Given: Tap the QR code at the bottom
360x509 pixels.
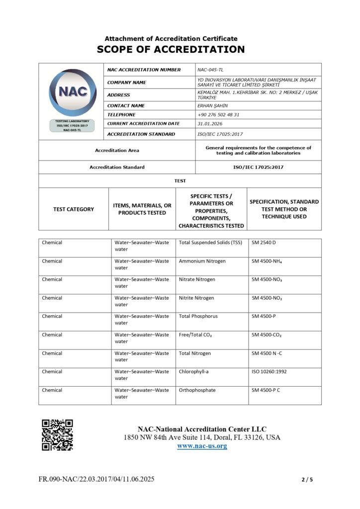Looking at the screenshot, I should point(57,434).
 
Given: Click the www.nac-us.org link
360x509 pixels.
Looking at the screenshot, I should point(202,446).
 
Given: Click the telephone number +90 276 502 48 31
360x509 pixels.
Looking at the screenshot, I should point(218,114).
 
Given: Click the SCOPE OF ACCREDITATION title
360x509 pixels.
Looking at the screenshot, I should point(171,49).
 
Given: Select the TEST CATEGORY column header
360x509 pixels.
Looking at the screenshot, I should point(74,209).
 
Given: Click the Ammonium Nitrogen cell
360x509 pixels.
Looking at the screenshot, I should point(202,261).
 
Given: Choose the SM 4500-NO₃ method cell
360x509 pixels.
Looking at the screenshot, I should point(268,279).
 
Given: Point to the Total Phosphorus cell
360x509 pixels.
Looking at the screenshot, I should point(198,316).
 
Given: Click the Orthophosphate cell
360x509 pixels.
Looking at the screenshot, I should point(197,390).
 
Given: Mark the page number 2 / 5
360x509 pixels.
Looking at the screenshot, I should point(307,480).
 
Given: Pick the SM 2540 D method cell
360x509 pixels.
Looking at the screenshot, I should point(264,243).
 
